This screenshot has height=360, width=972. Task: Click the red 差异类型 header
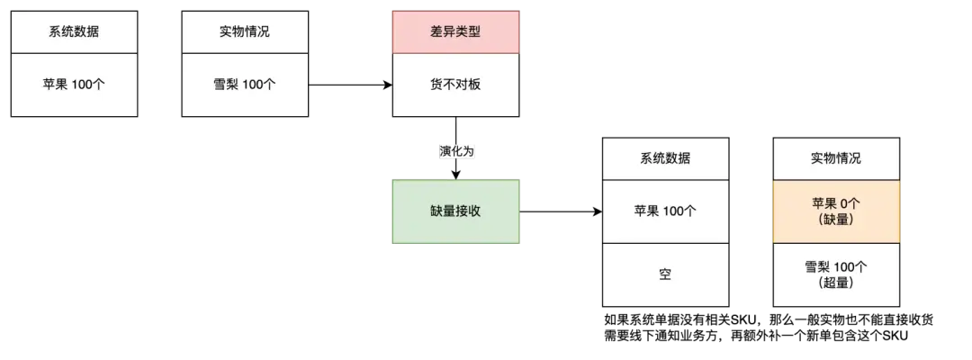(x=455, y=31)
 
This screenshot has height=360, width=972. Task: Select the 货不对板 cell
(x=455, y=85)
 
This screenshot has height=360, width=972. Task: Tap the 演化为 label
(x=456, y=152)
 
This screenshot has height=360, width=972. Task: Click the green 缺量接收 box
(x=455, y=211)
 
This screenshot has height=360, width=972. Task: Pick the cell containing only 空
(x=666, y=274)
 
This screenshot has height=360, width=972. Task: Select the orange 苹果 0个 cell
(x=836, y=211)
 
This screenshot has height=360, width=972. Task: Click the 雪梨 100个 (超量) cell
(x=836, y=274)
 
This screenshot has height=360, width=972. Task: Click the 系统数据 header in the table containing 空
(x=666, y=158)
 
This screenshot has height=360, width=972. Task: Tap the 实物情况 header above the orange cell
(x=836, y=158)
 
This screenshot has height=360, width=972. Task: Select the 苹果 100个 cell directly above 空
(x=666, y=211)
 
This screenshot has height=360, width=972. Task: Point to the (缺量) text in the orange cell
(x=836, y=220)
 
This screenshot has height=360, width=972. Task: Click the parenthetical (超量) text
(x=836, y=283)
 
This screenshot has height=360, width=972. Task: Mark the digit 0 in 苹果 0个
(x=845, y=203)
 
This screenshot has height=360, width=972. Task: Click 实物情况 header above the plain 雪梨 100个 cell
(x=245, y=31)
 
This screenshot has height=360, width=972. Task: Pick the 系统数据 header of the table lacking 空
(x=74, y=31)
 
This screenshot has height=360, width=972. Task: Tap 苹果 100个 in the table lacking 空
(x=74, y=85)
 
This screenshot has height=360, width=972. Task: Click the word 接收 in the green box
(x=468, y=211)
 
